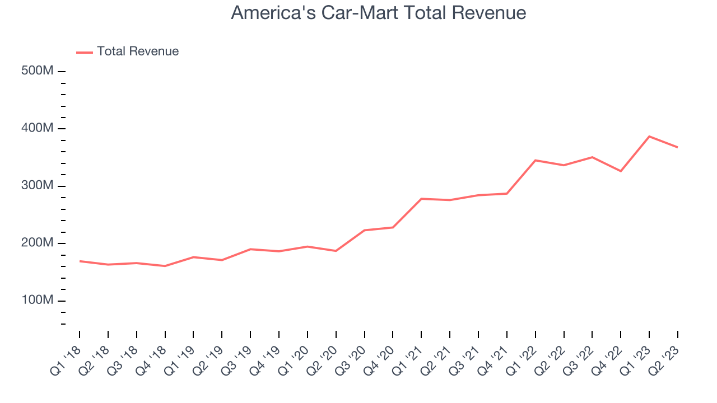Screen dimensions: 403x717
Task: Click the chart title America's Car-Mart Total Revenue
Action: click(x=378, y=13)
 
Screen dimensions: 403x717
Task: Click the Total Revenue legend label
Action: click(x=138, y=51)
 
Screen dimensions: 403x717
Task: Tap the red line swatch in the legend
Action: click(x=85, y=52)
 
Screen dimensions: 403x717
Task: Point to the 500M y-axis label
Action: click(x=38, y=71)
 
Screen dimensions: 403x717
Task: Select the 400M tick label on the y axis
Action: click(x=38, y=129)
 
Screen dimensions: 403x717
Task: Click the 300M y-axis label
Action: click(x=38, y=186)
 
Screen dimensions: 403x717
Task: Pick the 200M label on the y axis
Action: click(x=38, y=243)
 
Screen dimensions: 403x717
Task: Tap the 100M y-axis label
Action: click(x=38, y=301)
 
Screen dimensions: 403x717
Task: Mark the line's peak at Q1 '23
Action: click(x=649, y=137)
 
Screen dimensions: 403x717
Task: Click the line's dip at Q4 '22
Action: click(x=621, y=171)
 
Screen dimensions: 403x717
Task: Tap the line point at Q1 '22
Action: click(x=536, y=161)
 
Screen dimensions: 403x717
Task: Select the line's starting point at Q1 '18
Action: click(x=80, y=261)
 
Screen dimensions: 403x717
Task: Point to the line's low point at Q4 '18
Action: click(x=165, y=266)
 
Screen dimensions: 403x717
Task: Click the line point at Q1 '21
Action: click(x=421, y=199)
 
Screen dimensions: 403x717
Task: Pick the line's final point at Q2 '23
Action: click(x=678, y=147)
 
